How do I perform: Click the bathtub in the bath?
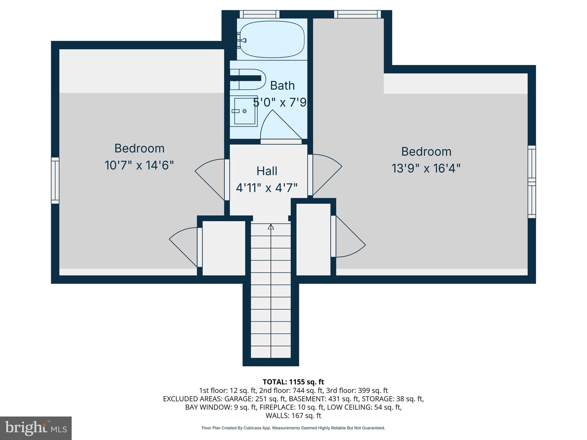click(272, 39)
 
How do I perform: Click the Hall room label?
click(267, 171)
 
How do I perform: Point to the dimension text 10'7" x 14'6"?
click(139, 165)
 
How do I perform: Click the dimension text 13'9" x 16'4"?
click(426, 168)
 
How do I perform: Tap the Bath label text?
click(282, 86)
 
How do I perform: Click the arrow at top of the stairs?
click(271, 227)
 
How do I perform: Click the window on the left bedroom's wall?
click(55, 180)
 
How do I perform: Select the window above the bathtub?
click(259, 14)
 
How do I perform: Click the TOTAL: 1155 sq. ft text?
click(293, 382)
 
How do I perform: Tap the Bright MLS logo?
click(36, 428)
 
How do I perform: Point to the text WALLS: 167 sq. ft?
click(293, 415)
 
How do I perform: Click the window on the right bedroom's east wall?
click(532, 182)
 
